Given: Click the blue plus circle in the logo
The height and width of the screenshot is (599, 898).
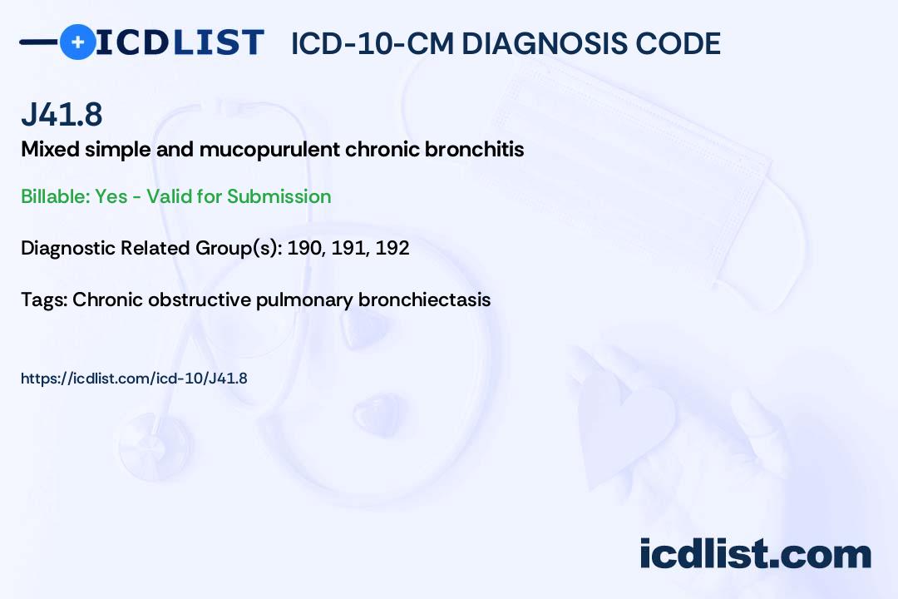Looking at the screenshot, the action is [78, 42].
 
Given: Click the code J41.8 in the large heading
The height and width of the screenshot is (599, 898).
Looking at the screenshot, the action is [62, 114].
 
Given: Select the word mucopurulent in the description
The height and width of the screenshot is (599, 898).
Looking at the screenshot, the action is [269, 150].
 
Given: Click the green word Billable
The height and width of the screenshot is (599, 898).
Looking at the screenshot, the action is [56, 196].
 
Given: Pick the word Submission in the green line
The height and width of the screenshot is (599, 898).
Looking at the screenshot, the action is [279, 196].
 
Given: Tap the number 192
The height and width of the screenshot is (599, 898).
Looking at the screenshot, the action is [392, 248].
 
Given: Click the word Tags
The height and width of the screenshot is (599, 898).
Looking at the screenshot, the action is [44, 299].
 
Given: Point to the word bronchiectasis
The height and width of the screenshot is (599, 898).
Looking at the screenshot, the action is [424, 299].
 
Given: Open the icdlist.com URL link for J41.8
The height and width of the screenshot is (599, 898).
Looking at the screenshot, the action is [134, 379].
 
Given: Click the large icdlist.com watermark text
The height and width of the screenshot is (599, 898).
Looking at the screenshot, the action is [755, 554].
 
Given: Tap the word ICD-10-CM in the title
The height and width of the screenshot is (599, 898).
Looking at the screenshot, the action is [373, 43].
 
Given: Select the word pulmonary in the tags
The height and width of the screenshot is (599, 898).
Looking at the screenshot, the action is [304, 300].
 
